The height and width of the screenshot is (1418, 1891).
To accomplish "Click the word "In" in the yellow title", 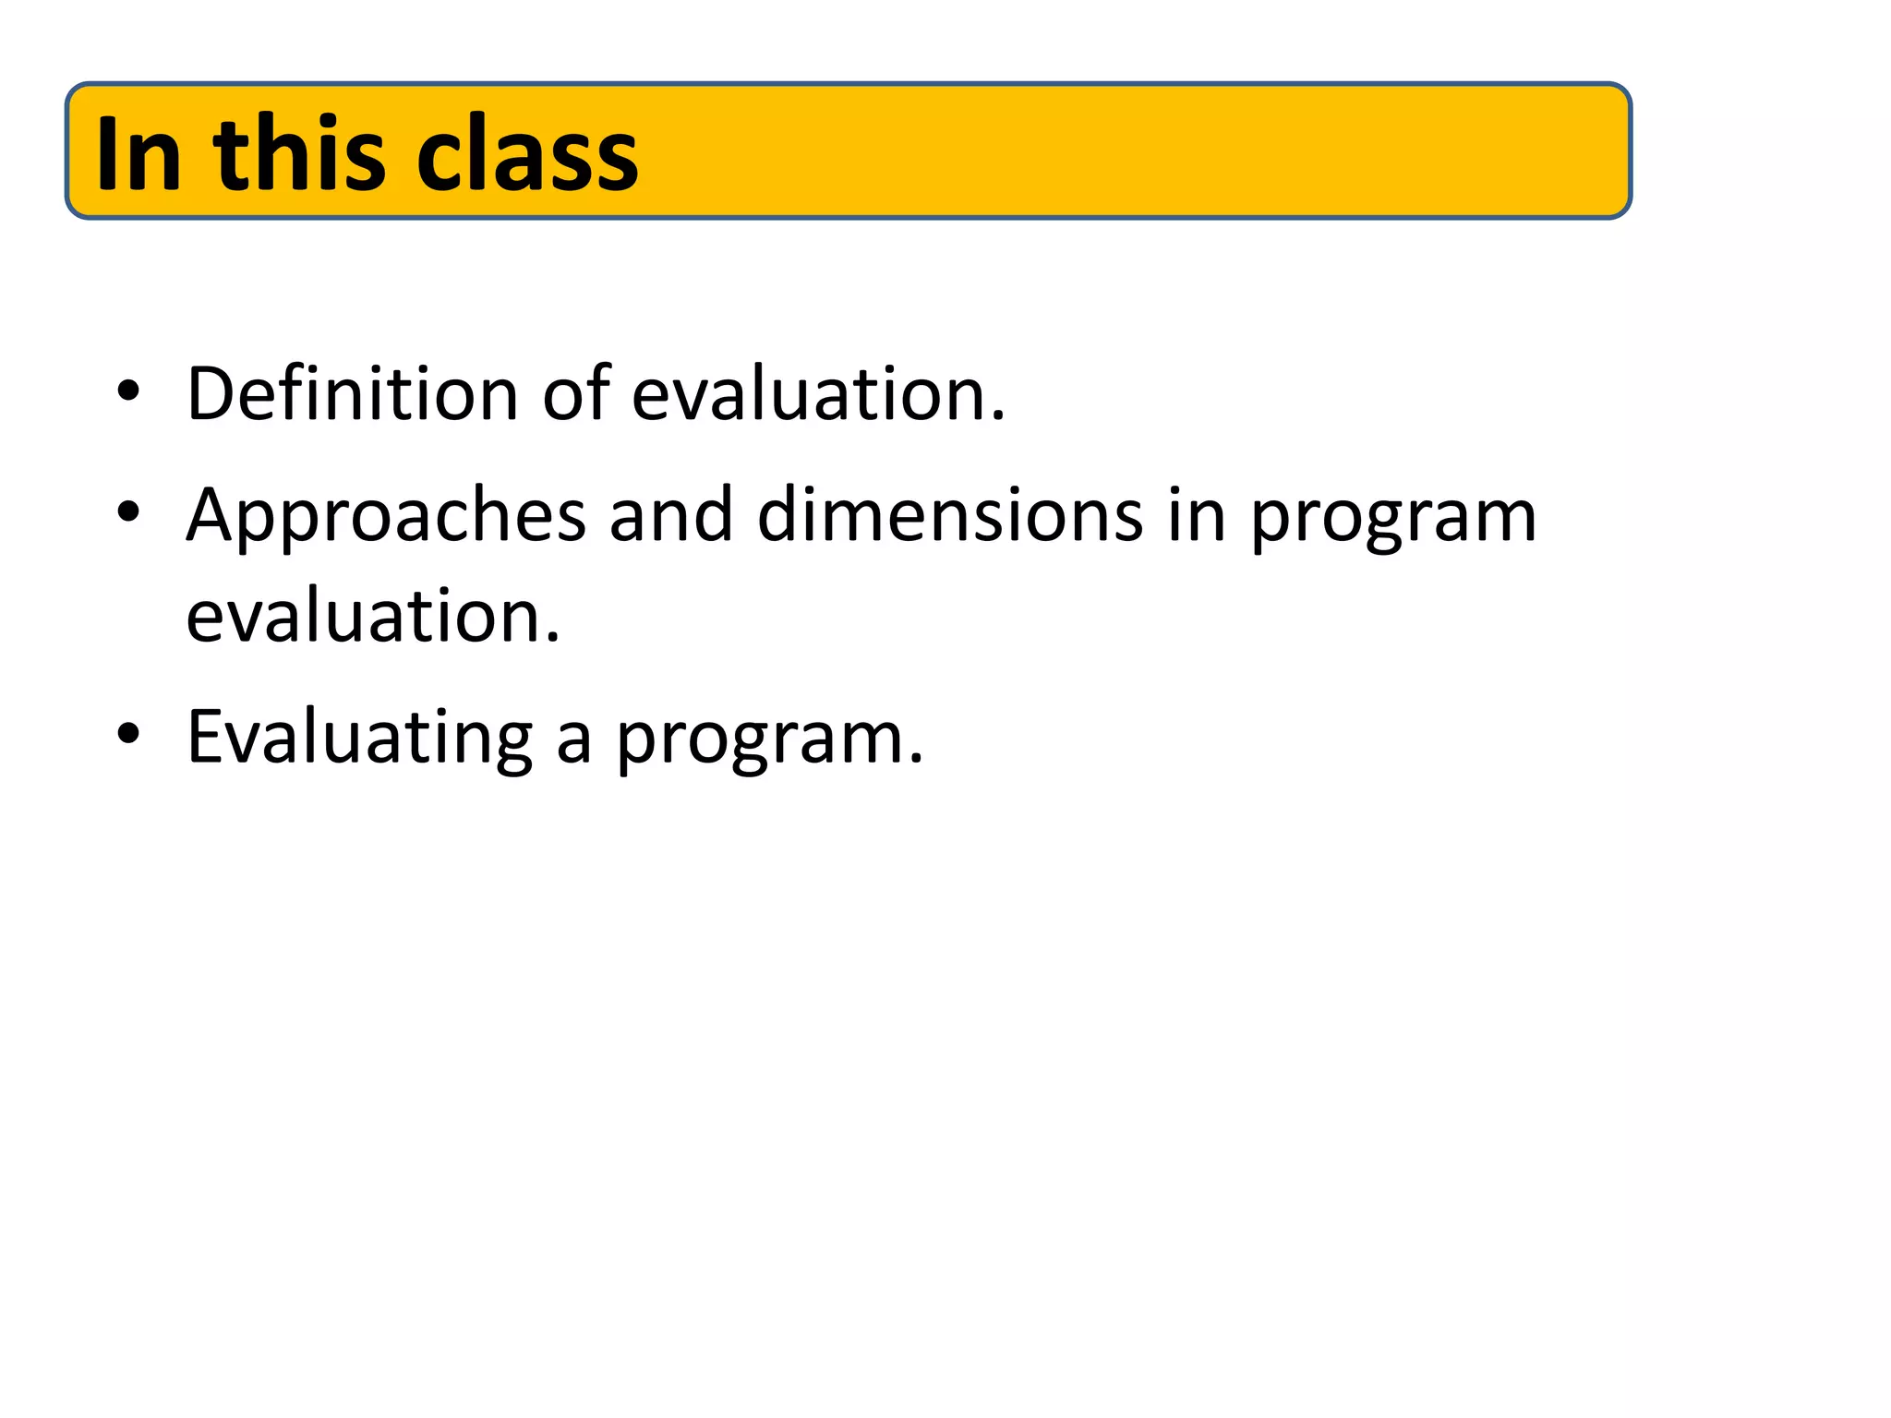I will coord(138,153).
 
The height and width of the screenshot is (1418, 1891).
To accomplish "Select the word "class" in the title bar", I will coord(526,155).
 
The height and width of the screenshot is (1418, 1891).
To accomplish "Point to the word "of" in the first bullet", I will coord(575,394).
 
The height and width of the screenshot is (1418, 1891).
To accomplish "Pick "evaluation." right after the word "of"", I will coord(818,394).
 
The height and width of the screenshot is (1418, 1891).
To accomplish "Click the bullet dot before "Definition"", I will coord(128,391).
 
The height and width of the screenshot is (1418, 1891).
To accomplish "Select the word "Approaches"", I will coord(386,518).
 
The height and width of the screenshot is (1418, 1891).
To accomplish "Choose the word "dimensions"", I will coord(950,516).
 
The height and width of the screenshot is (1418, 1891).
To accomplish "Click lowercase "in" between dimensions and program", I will coord(1197,516).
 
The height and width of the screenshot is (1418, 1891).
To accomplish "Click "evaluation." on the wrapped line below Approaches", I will coord(373,617).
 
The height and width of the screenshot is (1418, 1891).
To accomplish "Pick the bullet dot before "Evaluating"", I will coord(128,733).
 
